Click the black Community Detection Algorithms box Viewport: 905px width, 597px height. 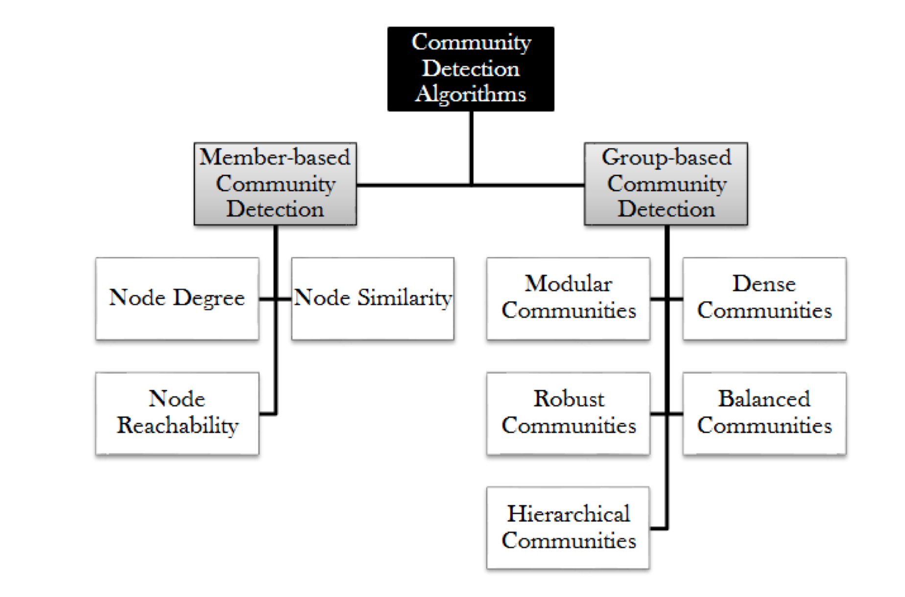click(471, 69)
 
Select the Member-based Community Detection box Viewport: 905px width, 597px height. click(275, 184)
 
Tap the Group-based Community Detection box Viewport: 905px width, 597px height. click(666, 184)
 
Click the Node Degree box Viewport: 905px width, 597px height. click(177, 298)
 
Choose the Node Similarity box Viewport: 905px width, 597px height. click(373, 298)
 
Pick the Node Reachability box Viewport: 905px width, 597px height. click(177, 413)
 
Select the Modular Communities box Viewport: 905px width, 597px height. click(568, 298)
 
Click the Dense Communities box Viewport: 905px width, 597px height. click(764, 298)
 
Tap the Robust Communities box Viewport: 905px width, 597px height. click(568, 413)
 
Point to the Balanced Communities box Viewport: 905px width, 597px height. click(764, 413)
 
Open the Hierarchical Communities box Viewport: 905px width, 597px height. click(568, 528)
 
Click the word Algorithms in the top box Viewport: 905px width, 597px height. click(471, 94)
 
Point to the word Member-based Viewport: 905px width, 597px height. click(275, 158)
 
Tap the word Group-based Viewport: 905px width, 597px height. click(666, 158)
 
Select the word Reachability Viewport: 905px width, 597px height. click(177, 426)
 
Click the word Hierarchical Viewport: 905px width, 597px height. click(568, 514)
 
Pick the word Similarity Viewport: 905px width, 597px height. click(405, 298)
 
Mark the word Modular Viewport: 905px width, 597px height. click(568, 284)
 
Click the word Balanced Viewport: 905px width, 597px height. click(764, 399)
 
